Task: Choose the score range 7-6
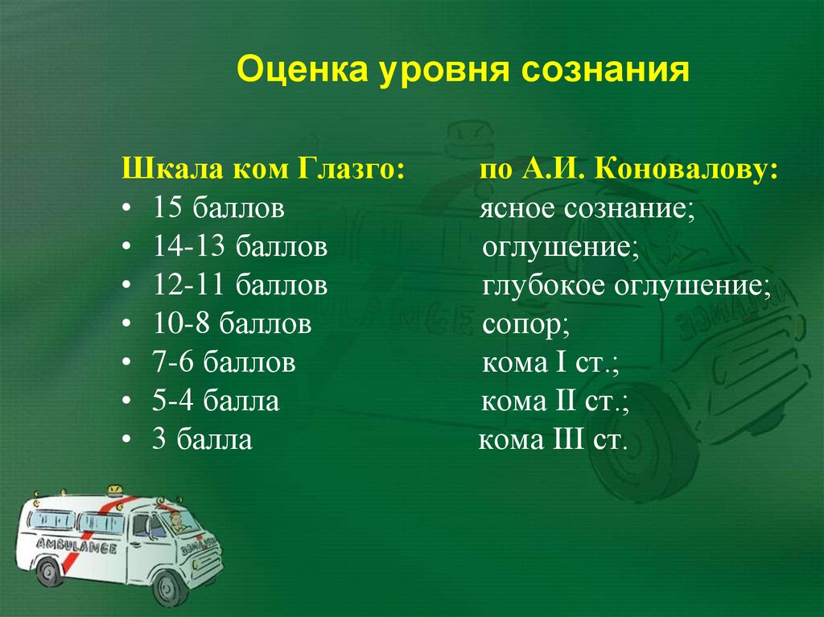click(x=176, y=363)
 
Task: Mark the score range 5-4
click(x=176, y=401)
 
